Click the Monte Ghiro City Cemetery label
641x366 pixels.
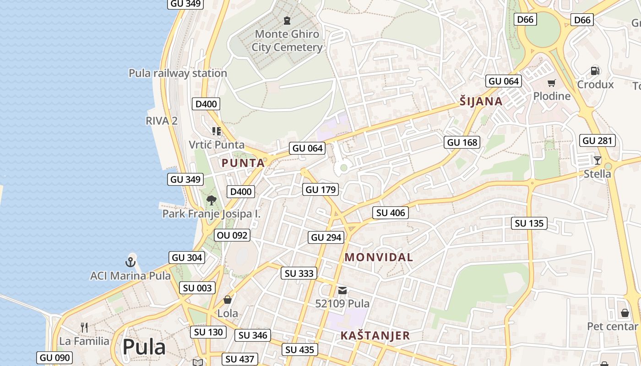(287, 40)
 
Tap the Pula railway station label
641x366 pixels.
(178, 73)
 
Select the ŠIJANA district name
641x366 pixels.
(481, 102)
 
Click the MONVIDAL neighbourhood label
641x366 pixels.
(379, 257)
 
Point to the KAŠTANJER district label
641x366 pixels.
(375, 336)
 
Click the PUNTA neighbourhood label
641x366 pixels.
(243, 163)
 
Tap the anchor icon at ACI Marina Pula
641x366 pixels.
(130, 262)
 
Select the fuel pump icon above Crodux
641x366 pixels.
(595, 70)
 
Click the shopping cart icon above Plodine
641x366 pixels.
(551, 83)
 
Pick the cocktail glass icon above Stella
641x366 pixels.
(597, 160)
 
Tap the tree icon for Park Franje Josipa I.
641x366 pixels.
(211, 200)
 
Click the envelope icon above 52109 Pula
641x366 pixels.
(342, 290)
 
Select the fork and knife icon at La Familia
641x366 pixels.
(84, 327)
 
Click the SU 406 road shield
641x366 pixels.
(390, 213)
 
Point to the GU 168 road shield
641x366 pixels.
(462, 142)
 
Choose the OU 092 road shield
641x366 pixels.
(232, 235)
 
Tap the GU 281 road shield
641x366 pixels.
(598, 140)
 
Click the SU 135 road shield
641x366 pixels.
(529, 223)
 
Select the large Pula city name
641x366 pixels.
(144, 347)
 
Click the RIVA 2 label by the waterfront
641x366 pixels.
(161, 121)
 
